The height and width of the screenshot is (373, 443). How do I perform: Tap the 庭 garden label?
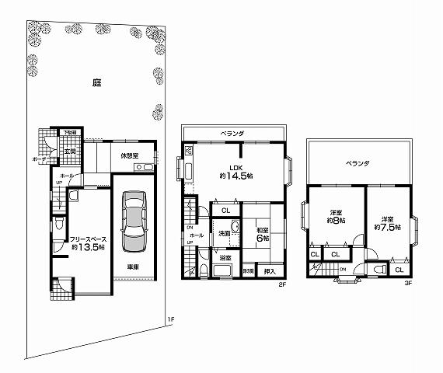(x=96, y=82)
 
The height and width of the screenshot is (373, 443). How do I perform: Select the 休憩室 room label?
(x=129, y=155)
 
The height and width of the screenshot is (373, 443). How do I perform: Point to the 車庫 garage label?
(x=134, y=267)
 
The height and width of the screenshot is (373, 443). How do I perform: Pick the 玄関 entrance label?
(x=69, y=151)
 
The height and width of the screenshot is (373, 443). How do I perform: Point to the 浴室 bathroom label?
(x=225, y=257)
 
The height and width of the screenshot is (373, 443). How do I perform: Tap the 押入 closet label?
(x=269, y=271)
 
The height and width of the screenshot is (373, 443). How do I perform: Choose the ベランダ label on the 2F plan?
(x=232, y=133)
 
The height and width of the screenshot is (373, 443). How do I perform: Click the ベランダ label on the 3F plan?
(x=358, y=164)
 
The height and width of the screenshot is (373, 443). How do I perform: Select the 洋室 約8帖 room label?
(x=337, y=217)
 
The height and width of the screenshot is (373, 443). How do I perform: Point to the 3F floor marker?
(x=407, y=284)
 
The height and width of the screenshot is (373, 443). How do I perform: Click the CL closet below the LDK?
(x=225, y=211)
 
